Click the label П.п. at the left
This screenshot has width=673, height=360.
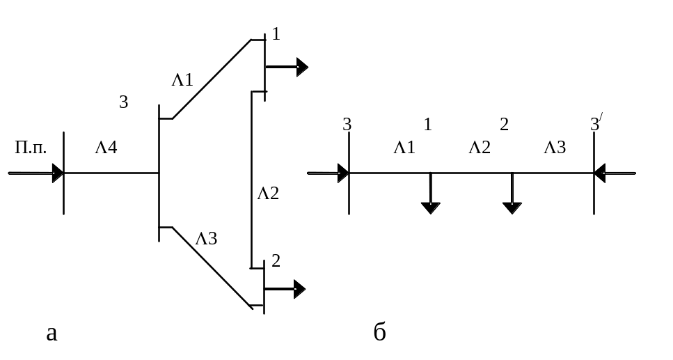(x=31, y=148)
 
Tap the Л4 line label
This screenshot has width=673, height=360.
(x=106, y=148)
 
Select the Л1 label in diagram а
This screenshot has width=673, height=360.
(x=182, y=80)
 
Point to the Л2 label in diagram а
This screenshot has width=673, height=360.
(x=268, y=194)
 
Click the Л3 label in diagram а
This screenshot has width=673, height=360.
(x=207, y=239)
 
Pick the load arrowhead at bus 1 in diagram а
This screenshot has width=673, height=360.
(x=301, y=67)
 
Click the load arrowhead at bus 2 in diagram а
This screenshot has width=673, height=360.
(x=299, y=289)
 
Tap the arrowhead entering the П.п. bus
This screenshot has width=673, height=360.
(x=58, y=173)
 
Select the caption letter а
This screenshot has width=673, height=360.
(x=51, y=334)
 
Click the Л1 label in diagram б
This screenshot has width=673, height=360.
(x=404, y=147)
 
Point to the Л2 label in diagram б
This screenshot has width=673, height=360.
(x=480, y=147)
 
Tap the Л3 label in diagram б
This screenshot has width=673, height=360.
(x=555, y=147)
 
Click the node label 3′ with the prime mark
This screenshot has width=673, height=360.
(x=596, y=125)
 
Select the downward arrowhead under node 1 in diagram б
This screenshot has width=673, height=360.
(x=430, y=207)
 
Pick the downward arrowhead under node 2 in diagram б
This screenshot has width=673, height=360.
(x=512, y=207)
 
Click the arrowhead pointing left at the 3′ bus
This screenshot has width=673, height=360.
(x=601, y=173)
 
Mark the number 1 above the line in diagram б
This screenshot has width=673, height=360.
(x=428, y=125)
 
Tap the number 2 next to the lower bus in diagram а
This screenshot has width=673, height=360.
(x=276, y=262)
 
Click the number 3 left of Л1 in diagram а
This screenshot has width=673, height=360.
(x=123, y=102)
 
